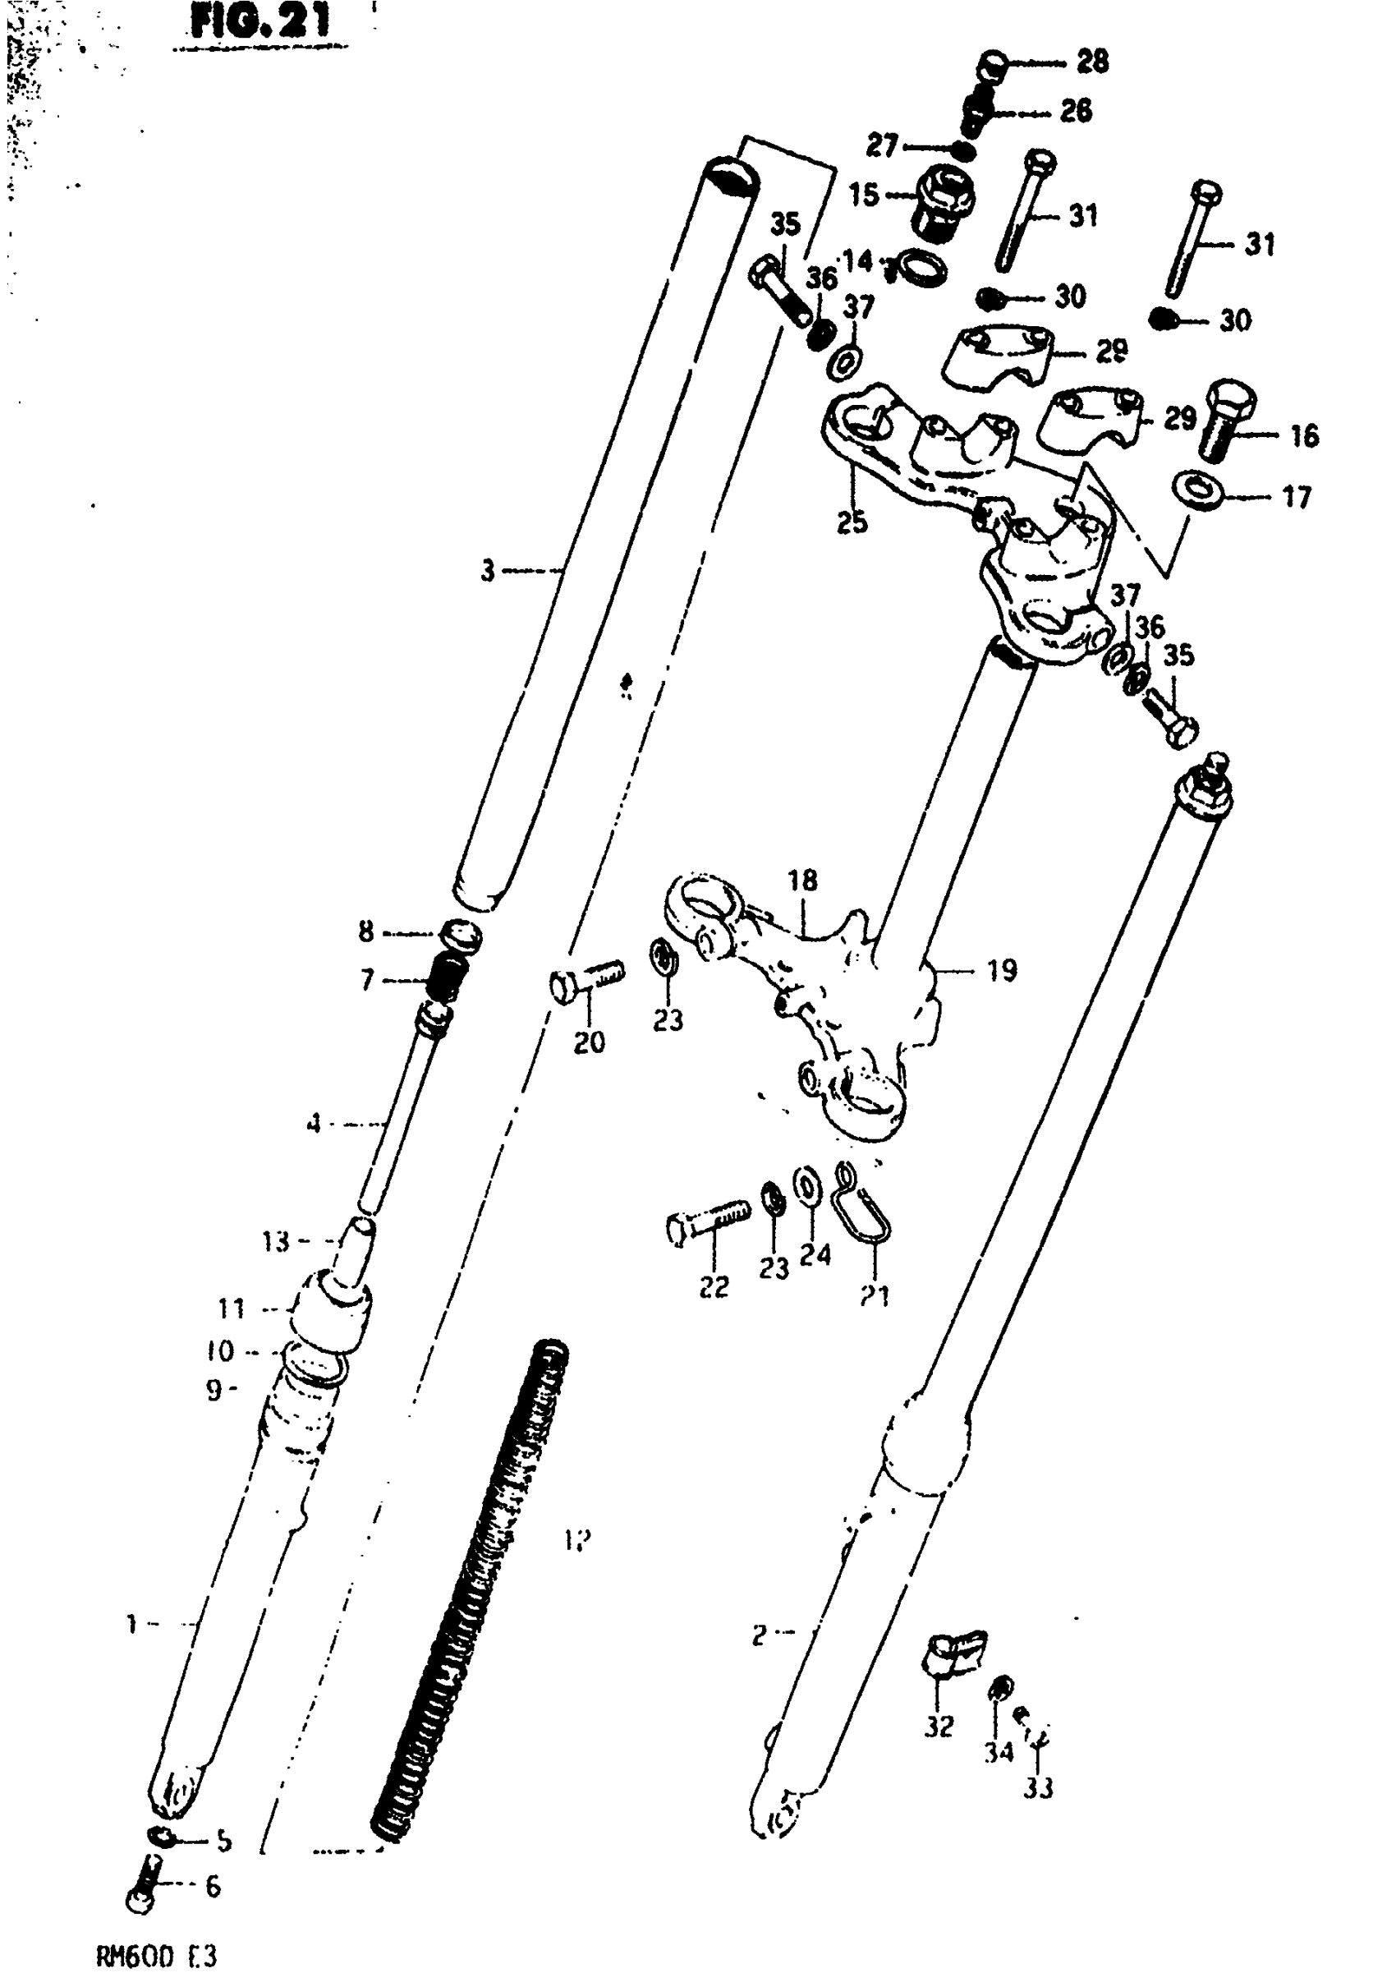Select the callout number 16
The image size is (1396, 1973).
1304,436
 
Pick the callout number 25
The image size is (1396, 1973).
852,522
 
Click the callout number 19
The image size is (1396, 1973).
1002,971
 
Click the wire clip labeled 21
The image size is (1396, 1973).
863,1201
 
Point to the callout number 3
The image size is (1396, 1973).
488,570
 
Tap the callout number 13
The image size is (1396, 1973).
276,1241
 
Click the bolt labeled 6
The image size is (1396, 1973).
144,1888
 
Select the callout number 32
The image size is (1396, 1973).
939,1726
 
